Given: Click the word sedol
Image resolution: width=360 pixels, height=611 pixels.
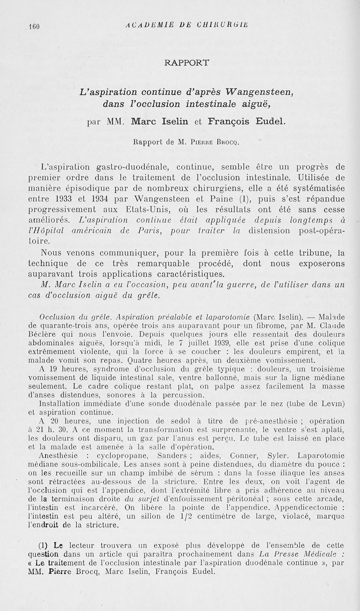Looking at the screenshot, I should tap(149, 421).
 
